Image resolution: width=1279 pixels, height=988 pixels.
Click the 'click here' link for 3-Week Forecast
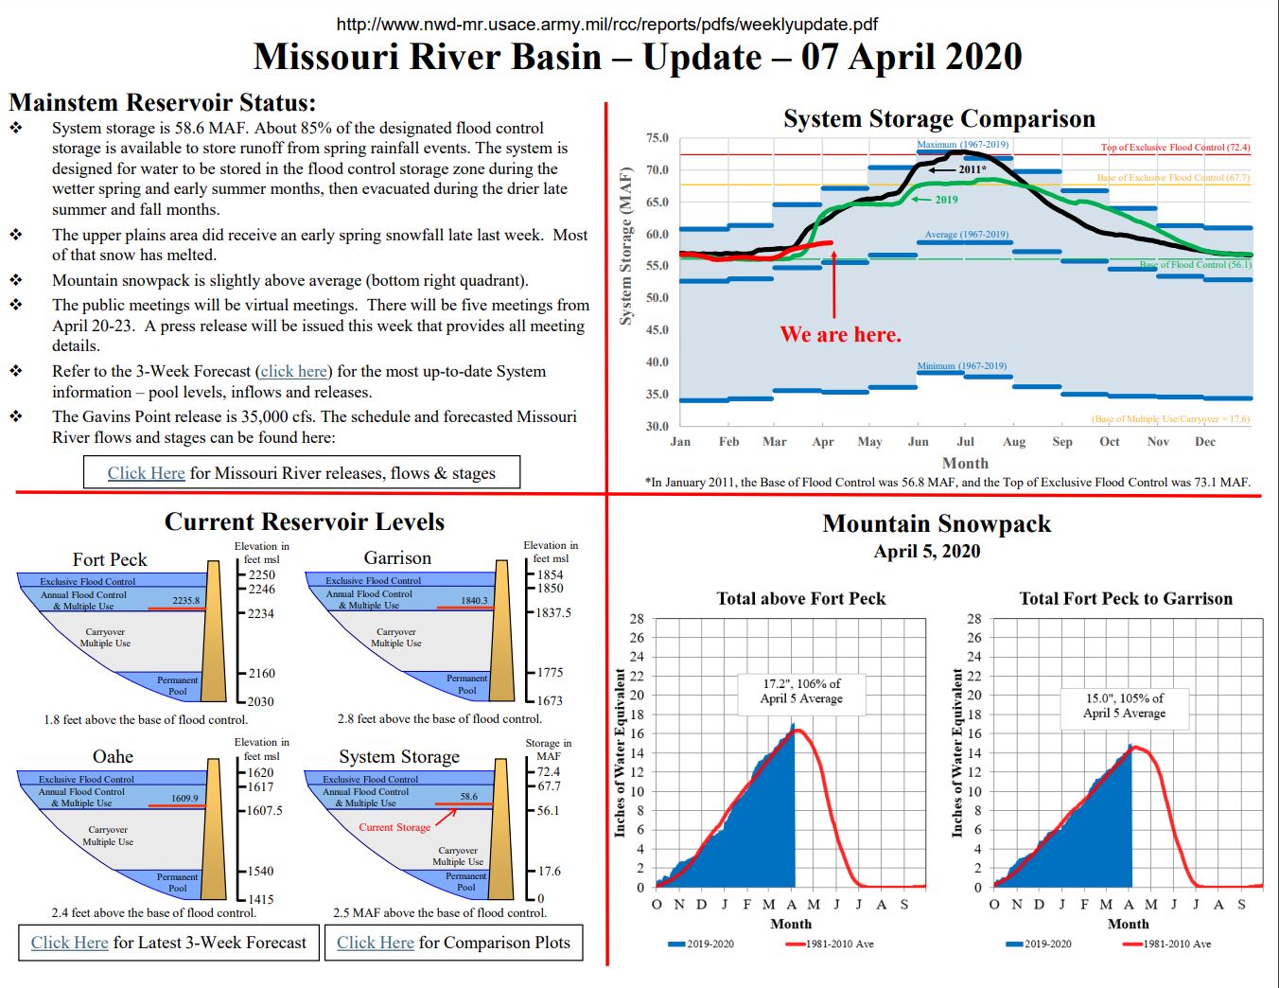click(x=294, y=372)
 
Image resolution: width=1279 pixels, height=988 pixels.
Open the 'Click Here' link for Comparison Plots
click(x=376, y=943)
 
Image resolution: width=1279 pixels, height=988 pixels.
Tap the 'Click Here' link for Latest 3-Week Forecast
click(x=70, y=943)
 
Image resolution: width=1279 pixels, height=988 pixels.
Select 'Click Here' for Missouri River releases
click(x=146, y=473)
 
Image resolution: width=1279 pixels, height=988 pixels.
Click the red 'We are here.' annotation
click(x=840, y=334)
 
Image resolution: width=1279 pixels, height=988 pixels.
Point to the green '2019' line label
click(x=946, y=200)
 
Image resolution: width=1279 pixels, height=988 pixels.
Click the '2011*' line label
click(x=972, y=169)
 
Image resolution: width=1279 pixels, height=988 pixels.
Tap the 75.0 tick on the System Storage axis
click(x=657, y=138)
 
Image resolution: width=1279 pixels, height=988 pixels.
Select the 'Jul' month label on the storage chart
click(x=965, y=442)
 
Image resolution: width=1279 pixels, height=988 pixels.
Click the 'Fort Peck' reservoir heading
click(x=110, y=559)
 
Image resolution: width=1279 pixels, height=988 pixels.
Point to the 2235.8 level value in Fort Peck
click(x=185, y=601)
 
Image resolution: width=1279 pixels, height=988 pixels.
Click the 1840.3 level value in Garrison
click(x=474, y=600)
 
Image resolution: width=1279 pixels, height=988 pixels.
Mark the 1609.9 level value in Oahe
click(x=184, y=798)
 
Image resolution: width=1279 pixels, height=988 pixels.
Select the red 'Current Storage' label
click(x=394, y=827)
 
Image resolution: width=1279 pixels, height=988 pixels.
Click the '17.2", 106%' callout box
click(x=801, y=691)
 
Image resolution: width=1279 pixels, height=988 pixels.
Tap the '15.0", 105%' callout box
click(x=1124, y=705)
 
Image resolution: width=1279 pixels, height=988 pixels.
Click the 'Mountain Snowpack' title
click(x=937, y=523)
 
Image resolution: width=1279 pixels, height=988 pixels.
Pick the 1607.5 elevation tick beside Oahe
click(x=264, y=811)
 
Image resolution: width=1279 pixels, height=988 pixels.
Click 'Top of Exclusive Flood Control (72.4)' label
click(x=1175, y=148)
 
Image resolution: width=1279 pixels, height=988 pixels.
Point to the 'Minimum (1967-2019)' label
click(x=961, y=366)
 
